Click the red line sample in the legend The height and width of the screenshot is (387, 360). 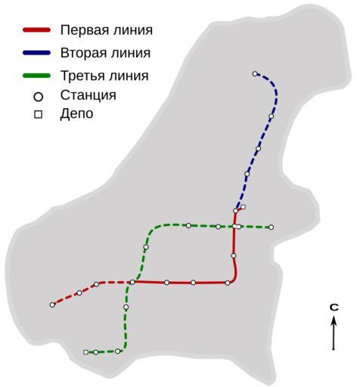click(x=37, y=30)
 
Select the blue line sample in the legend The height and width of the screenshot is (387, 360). click(x=37, y=53)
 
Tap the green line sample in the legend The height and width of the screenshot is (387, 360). click(x=37, y=76)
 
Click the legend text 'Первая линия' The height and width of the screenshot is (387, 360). click(x=107, y=30)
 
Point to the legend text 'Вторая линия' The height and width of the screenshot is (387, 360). click(x=105, y=53)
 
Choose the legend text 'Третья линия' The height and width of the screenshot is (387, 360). click(x=104, y=76)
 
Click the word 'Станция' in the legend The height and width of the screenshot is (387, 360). click(x=88, y=95)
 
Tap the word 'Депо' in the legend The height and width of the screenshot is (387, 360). click(x=76, y=114)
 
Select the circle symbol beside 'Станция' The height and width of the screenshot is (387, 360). click(x=39, y=97)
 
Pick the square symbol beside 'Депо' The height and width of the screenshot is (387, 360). click(x=39, y=115)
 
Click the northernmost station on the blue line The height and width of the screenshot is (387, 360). click(x=255, y=74)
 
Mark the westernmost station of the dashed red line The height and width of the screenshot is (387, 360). click(x=52, y=305)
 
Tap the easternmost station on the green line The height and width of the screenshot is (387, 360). click(x=271, y=228)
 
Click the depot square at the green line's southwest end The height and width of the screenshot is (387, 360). click(x=85, y=352)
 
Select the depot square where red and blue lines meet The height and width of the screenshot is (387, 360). click(x=244, y=207)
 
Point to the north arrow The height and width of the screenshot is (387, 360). click(x=334, y=333)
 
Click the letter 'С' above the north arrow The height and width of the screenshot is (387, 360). click(x=334, y=308)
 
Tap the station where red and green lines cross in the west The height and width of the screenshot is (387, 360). click(x=132, y=282)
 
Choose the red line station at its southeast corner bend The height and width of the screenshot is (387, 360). click(x=228, y=283)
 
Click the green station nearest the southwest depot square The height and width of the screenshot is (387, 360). click(x=95, y=352)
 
